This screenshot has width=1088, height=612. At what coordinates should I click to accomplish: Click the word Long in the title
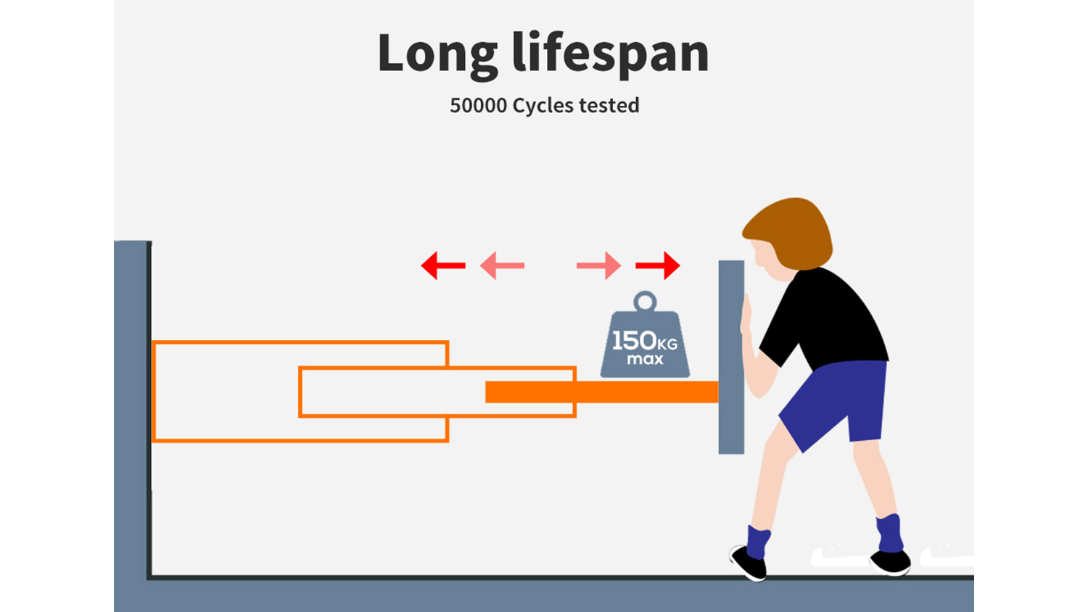click(x=437, y=54)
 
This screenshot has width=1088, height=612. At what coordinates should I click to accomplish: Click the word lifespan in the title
click(x=610, y=54)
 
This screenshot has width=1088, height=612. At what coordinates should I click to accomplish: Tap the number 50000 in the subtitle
click(x=478, y=106)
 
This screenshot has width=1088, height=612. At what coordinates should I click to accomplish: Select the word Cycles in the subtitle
click(x=543, y=106)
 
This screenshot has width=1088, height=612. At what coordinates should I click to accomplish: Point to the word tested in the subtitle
click(x=609, y=106)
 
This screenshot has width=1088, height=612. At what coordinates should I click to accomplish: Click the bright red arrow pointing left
click(x=442, y=266)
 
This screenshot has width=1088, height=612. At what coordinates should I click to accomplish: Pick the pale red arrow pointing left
click(x=502, y=266)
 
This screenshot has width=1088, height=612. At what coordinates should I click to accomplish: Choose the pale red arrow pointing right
click(x=599, y=266)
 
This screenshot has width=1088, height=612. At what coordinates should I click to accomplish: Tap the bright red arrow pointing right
click(x=658, y=266)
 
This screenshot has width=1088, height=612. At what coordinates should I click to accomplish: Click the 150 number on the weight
click(x=634, y=340)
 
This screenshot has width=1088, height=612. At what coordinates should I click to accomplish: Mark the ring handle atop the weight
click(x=645, y=301)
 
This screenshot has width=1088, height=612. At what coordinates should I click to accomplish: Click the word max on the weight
click(x=645, y=359)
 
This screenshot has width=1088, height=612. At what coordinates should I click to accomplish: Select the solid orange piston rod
click(x=638, y=392)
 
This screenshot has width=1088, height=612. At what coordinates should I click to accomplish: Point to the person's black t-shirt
click(x=827, y=319)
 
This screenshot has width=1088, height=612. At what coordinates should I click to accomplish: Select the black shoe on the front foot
click(x=749, y=563)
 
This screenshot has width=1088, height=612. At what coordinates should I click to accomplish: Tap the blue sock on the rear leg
click(x=889, y=533)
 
